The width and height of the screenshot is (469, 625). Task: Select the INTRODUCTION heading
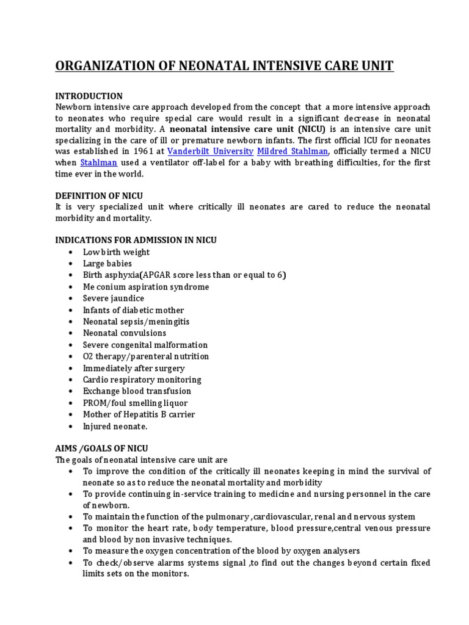pyautogui.click(x=89, y=96)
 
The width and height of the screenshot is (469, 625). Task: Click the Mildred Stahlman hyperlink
pyautogui.click(x=294, y=151)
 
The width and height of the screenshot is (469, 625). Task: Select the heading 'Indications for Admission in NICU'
pyautogui.click(x=136, y=240)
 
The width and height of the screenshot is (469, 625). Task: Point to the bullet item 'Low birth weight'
pyautogui.click(x=116, y=252)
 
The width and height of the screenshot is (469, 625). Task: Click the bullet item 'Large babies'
pyautogui.click(x=107, y=264)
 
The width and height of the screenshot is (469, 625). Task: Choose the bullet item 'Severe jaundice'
pyautogui.click(x=114, y=298)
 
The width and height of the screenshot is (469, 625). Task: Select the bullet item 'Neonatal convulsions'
pyautogui.click(x=125, y=333)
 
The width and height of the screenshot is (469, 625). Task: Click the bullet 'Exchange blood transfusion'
pyautogui.click(x=137, y=391)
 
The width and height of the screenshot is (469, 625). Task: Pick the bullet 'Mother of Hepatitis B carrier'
pyautogui.click(x=139, y=414)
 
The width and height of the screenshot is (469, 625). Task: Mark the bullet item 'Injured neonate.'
pyautogui.click(x=115, y=426)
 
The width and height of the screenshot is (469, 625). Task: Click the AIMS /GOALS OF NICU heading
pyautogui.click(x=101, y=448)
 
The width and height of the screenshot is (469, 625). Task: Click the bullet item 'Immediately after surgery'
pyautogui.click(x=134, y=368)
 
